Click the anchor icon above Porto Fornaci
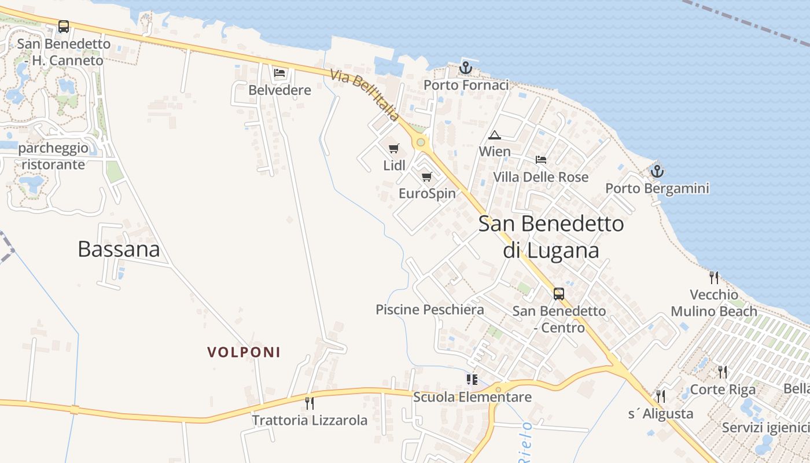(466, 68)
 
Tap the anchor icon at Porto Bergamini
(657, 171)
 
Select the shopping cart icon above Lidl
(394, 148)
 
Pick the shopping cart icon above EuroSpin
(427, 177)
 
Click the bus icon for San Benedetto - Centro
(559, 293)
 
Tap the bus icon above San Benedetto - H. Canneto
(64, 27)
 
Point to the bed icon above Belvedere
(280, 73)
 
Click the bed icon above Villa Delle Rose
(541, 160)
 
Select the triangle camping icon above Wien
(495, 135)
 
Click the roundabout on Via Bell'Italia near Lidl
(421, 142)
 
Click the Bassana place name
(119, 249)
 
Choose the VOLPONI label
(244, 352)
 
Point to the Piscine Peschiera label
(430, 310)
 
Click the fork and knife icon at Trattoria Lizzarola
(310, 403)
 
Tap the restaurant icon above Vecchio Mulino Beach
(714, 278)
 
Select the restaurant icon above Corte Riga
(723, 372)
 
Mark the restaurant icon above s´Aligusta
(661, 396)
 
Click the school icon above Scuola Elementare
(472, 380)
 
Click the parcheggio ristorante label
(54, 156)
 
